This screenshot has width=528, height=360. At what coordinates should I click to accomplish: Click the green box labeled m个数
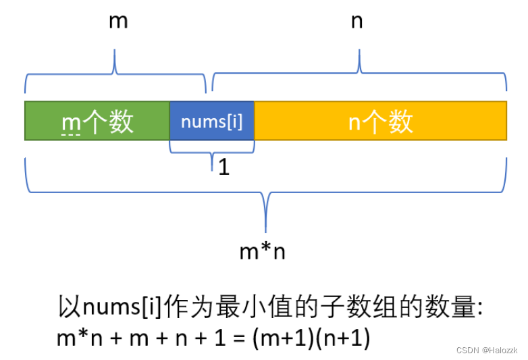click(97, 121)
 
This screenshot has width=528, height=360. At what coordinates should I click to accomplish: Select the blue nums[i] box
click(211, 121)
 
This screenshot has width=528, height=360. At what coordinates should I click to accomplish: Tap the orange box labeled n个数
click(380, 121)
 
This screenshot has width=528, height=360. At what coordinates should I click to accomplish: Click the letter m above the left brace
click(118, 21)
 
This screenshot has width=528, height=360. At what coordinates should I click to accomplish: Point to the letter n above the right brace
click(357, 21)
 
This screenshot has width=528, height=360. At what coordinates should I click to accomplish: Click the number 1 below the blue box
click(223, 167)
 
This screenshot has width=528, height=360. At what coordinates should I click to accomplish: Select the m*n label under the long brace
click(263, 252)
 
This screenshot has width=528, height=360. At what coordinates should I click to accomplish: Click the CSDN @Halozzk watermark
click(486, 350)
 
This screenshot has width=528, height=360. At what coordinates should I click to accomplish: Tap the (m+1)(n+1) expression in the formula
click(311, 338)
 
